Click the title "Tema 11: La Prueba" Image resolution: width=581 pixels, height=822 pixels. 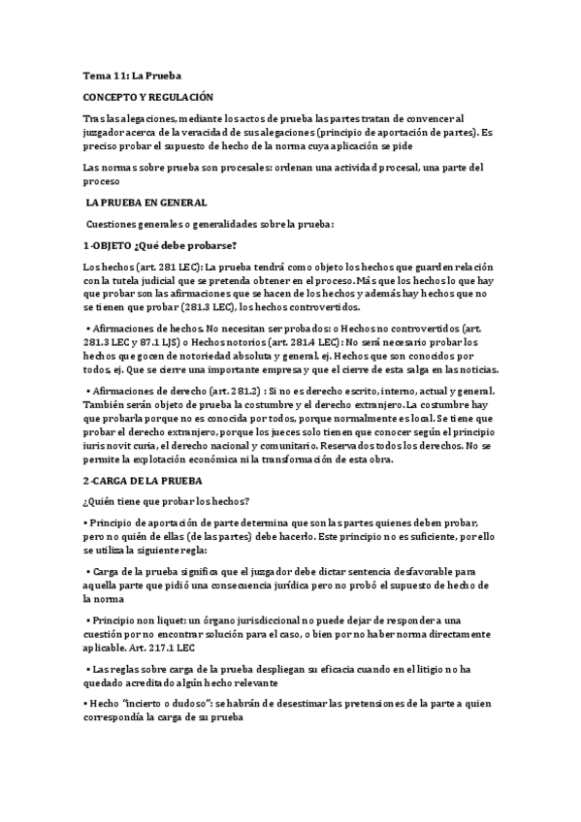132,75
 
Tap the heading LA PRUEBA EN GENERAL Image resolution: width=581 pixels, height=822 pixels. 146,203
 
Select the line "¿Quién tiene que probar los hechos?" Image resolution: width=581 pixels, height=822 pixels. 166,500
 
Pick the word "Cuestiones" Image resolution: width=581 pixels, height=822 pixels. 114,224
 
